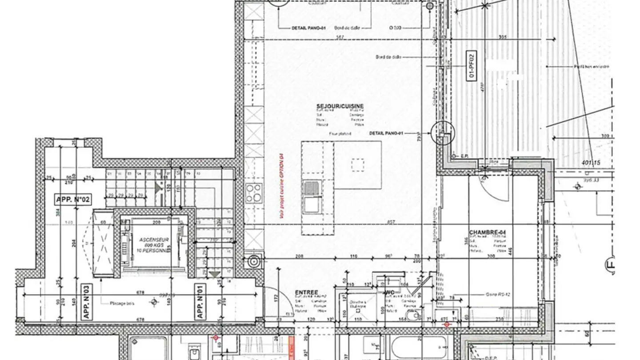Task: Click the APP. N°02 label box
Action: coord(73,200)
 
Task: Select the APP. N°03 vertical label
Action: coord(85,303)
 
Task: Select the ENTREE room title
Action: coord(307,292)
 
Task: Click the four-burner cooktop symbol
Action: coord(254,193)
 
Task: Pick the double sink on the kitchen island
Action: coord(312,196)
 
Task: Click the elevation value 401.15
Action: coord(591,163)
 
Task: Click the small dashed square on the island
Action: coord(358,165)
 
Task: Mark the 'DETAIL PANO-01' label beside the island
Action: coord(386,133)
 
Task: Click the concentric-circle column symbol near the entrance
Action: coord(254,261)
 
